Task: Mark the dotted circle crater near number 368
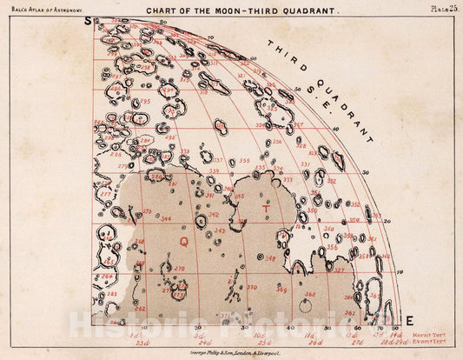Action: tap(304, 306)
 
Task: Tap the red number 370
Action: tap(252, 286)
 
